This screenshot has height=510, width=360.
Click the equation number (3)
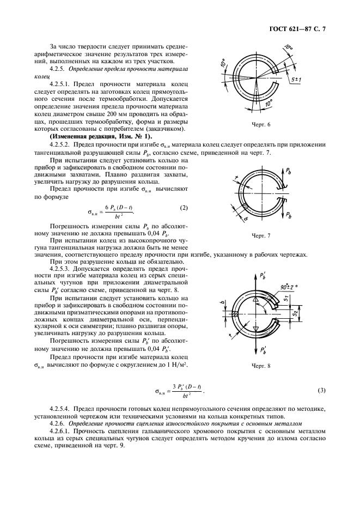click(x=321, y=390)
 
